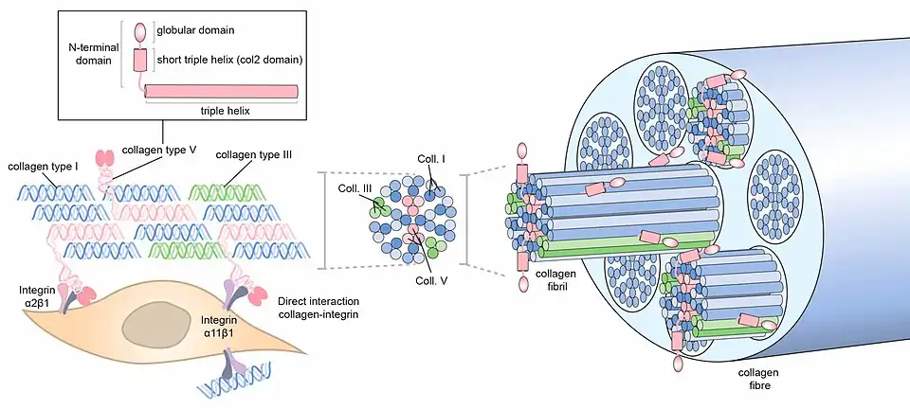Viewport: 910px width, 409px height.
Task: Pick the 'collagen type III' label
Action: [254, 154]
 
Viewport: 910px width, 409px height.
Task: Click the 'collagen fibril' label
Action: [555, 280]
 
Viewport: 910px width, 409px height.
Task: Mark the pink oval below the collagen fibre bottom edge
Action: [679, 364]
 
